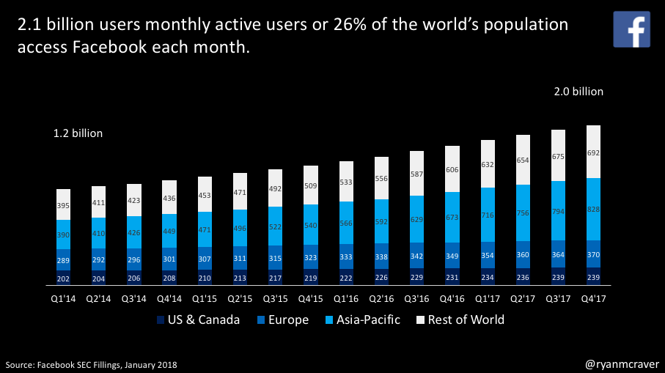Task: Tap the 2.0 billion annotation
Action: (x=578, y=92)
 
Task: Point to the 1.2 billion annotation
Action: (x=78, y=133)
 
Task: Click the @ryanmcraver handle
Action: (x=622, y=363)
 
